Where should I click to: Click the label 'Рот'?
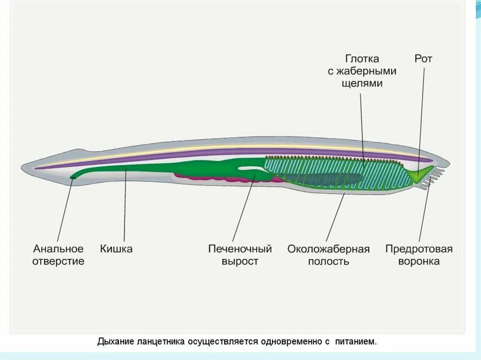coord(423,59)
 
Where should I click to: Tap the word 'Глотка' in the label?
coord(362,59)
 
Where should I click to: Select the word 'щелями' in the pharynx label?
coord(362,84)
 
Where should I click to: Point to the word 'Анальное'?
coord(58,248)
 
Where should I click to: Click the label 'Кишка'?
coord(116,248)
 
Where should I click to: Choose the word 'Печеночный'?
coord(240,248)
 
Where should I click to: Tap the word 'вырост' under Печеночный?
coord(240,261)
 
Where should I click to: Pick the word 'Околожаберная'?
coord(328,248)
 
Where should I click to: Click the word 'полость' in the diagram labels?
coord(328,261)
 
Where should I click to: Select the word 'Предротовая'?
coord(419,248)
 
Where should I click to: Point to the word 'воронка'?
coord(419,261)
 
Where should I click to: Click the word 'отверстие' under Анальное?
coord(58,261)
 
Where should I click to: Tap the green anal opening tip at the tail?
coord(73,176)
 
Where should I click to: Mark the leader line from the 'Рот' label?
coord(421,117)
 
